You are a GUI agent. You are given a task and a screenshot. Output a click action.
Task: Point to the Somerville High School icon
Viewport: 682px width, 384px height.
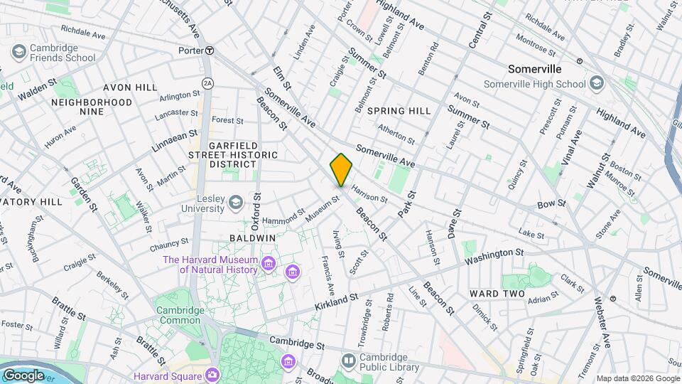point(597,83)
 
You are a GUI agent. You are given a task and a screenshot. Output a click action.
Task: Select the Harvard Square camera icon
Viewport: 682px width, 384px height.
point(212,375)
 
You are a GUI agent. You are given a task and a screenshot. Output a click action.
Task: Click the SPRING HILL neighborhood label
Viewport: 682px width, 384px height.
point(399,111)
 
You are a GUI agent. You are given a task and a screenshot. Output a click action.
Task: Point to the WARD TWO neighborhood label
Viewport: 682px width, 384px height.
point(497,294)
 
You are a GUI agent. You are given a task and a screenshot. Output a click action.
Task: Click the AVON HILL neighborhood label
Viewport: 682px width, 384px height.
point(130,87)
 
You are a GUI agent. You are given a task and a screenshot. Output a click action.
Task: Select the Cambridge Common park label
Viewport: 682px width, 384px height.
point(180,314)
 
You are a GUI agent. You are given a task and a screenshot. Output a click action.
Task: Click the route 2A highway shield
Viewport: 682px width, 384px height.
point(207,83)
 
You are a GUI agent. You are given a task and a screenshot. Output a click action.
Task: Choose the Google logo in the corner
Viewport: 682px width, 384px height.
point(23,375)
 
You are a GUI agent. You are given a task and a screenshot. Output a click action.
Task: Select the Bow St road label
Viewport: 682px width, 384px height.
point(551,203)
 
